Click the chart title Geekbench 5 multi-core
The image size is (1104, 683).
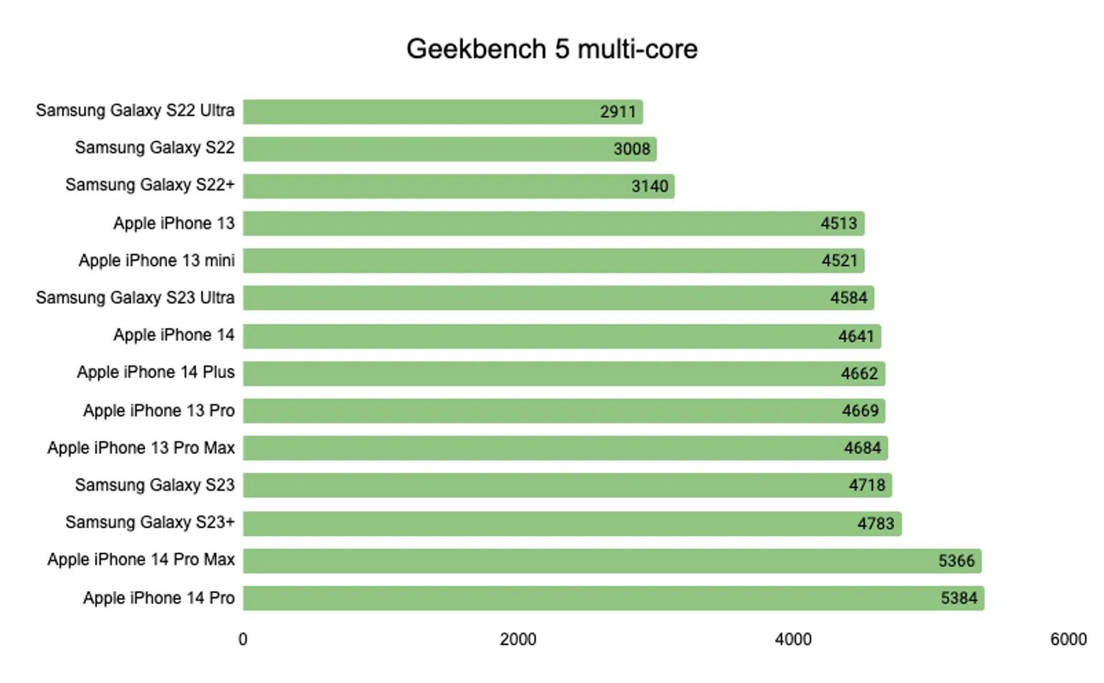pyautogui.click(x=551, y=49)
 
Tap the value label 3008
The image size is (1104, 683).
pyautogui.click(x=632, y=149)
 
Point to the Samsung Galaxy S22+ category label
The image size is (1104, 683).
pyautogui.click(x=150, y=184)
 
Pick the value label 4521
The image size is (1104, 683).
pyautogui.click(x=839, y=260)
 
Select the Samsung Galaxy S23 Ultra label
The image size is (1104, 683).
pyautogui.click(x=135, y=297)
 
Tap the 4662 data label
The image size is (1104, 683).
pyautogui.click(x=859, y=373)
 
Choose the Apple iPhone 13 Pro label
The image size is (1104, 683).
pyautogui.click(x=158, y=410)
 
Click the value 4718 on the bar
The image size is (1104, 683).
pyautogui.click(x=867, y=485)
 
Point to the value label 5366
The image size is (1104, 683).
pyautogui.click(x=956, y=560)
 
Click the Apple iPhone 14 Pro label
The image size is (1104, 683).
pyautogui.click(x=158, y=598)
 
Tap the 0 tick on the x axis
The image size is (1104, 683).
pyautogui.click(x=243, y=639)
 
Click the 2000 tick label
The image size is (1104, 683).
pyautogui.click(x=518, y=639)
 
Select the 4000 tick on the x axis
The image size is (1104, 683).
pyautogui.click(x=793, y=639)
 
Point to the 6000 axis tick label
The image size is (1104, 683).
pyautogui.click(x=1068, y=639)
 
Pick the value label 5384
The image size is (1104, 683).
pyautogui.click(x=958, y=598)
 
